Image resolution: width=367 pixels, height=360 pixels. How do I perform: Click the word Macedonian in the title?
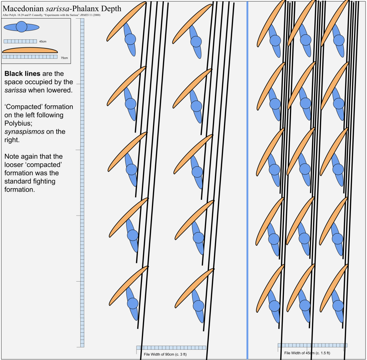(x=23, y=9)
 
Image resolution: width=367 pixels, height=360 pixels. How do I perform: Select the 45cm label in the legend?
(x=43, y=42)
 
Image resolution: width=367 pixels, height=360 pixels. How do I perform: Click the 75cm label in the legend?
(x=65, y=58)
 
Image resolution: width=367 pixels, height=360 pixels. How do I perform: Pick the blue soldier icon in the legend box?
(x=22, y=27)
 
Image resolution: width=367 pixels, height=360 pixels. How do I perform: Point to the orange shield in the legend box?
(x=30, y=50)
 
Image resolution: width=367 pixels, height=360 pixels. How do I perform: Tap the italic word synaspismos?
(x=24, y=132)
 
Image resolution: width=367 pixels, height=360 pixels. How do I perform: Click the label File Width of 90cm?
(x=165, y=354)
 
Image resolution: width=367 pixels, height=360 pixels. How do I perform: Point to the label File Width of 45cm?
(x=307, y=353)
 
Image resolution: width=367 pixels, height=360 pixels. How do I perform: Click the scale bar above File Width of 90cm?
(x=171, y=347)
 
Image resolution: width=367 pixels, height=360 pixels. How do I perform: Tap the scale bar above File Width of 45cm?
(x=313, y=345)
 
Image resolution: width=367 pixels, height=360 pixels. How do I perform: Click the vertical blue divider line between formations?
(x=247, y=180)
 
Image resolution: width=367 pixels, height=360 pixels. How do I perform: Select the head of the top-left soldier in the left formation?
(x=130, y=39)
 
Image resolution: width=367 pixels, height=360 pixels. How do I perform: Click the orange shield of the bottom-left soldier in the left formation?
(x=129, y=285)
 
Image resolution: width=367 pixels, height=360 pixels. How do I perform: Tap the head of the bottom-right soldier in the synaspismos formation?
(x=338, y=306)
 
